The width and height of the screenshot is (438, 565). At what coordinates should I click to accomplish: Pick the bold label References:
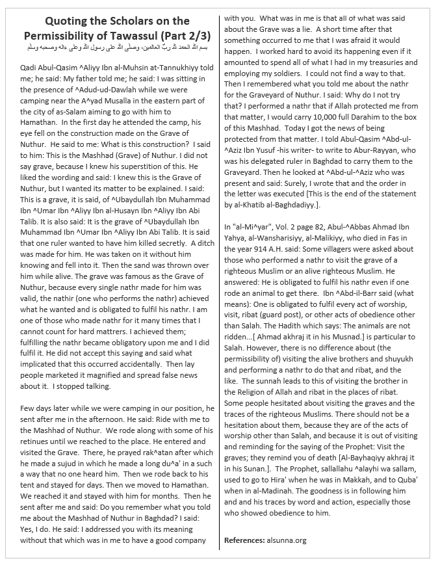pos(244,540)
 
